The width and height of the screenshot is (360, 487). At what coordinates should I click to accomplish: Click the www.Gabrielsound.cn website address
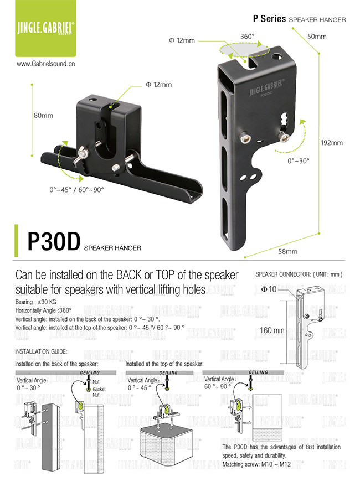click(x=46, y=64)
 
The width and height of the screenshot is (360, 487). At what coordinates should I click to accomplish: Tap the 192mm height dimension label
click(x=332, y=142)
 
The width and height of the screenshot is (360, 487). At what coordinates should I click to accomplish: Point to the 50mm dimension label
click(x=317, y=37)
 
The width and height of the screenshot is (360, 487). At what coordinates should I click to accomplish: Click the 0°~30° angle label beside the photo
click(x=299, y=160)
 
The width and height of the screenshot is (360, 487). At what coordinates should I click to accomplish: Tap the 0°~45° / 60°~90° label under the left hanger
click(x=76, y=189)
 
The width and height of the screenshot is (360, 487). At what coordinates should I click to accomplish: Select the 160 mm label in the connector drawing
click(x=271, y=330)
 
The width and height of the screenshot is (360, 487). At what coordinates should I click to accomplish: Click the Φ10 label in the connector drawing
click(x=269, y=289)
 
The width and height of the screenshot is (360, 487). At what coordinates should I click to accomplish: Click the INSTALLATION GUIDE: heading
click(x=41, y=351)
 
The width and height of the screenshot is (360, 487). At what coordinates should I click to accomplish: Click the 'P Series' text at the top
click(x=269, y=19)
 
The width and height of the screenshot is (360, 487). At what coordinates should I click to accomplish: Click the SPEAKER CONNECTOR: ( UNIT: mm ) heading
click(x=300, y=274)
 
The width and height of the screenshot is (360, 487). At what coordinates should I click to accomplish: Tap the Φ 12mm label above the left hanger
click(x=158, y=85)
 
